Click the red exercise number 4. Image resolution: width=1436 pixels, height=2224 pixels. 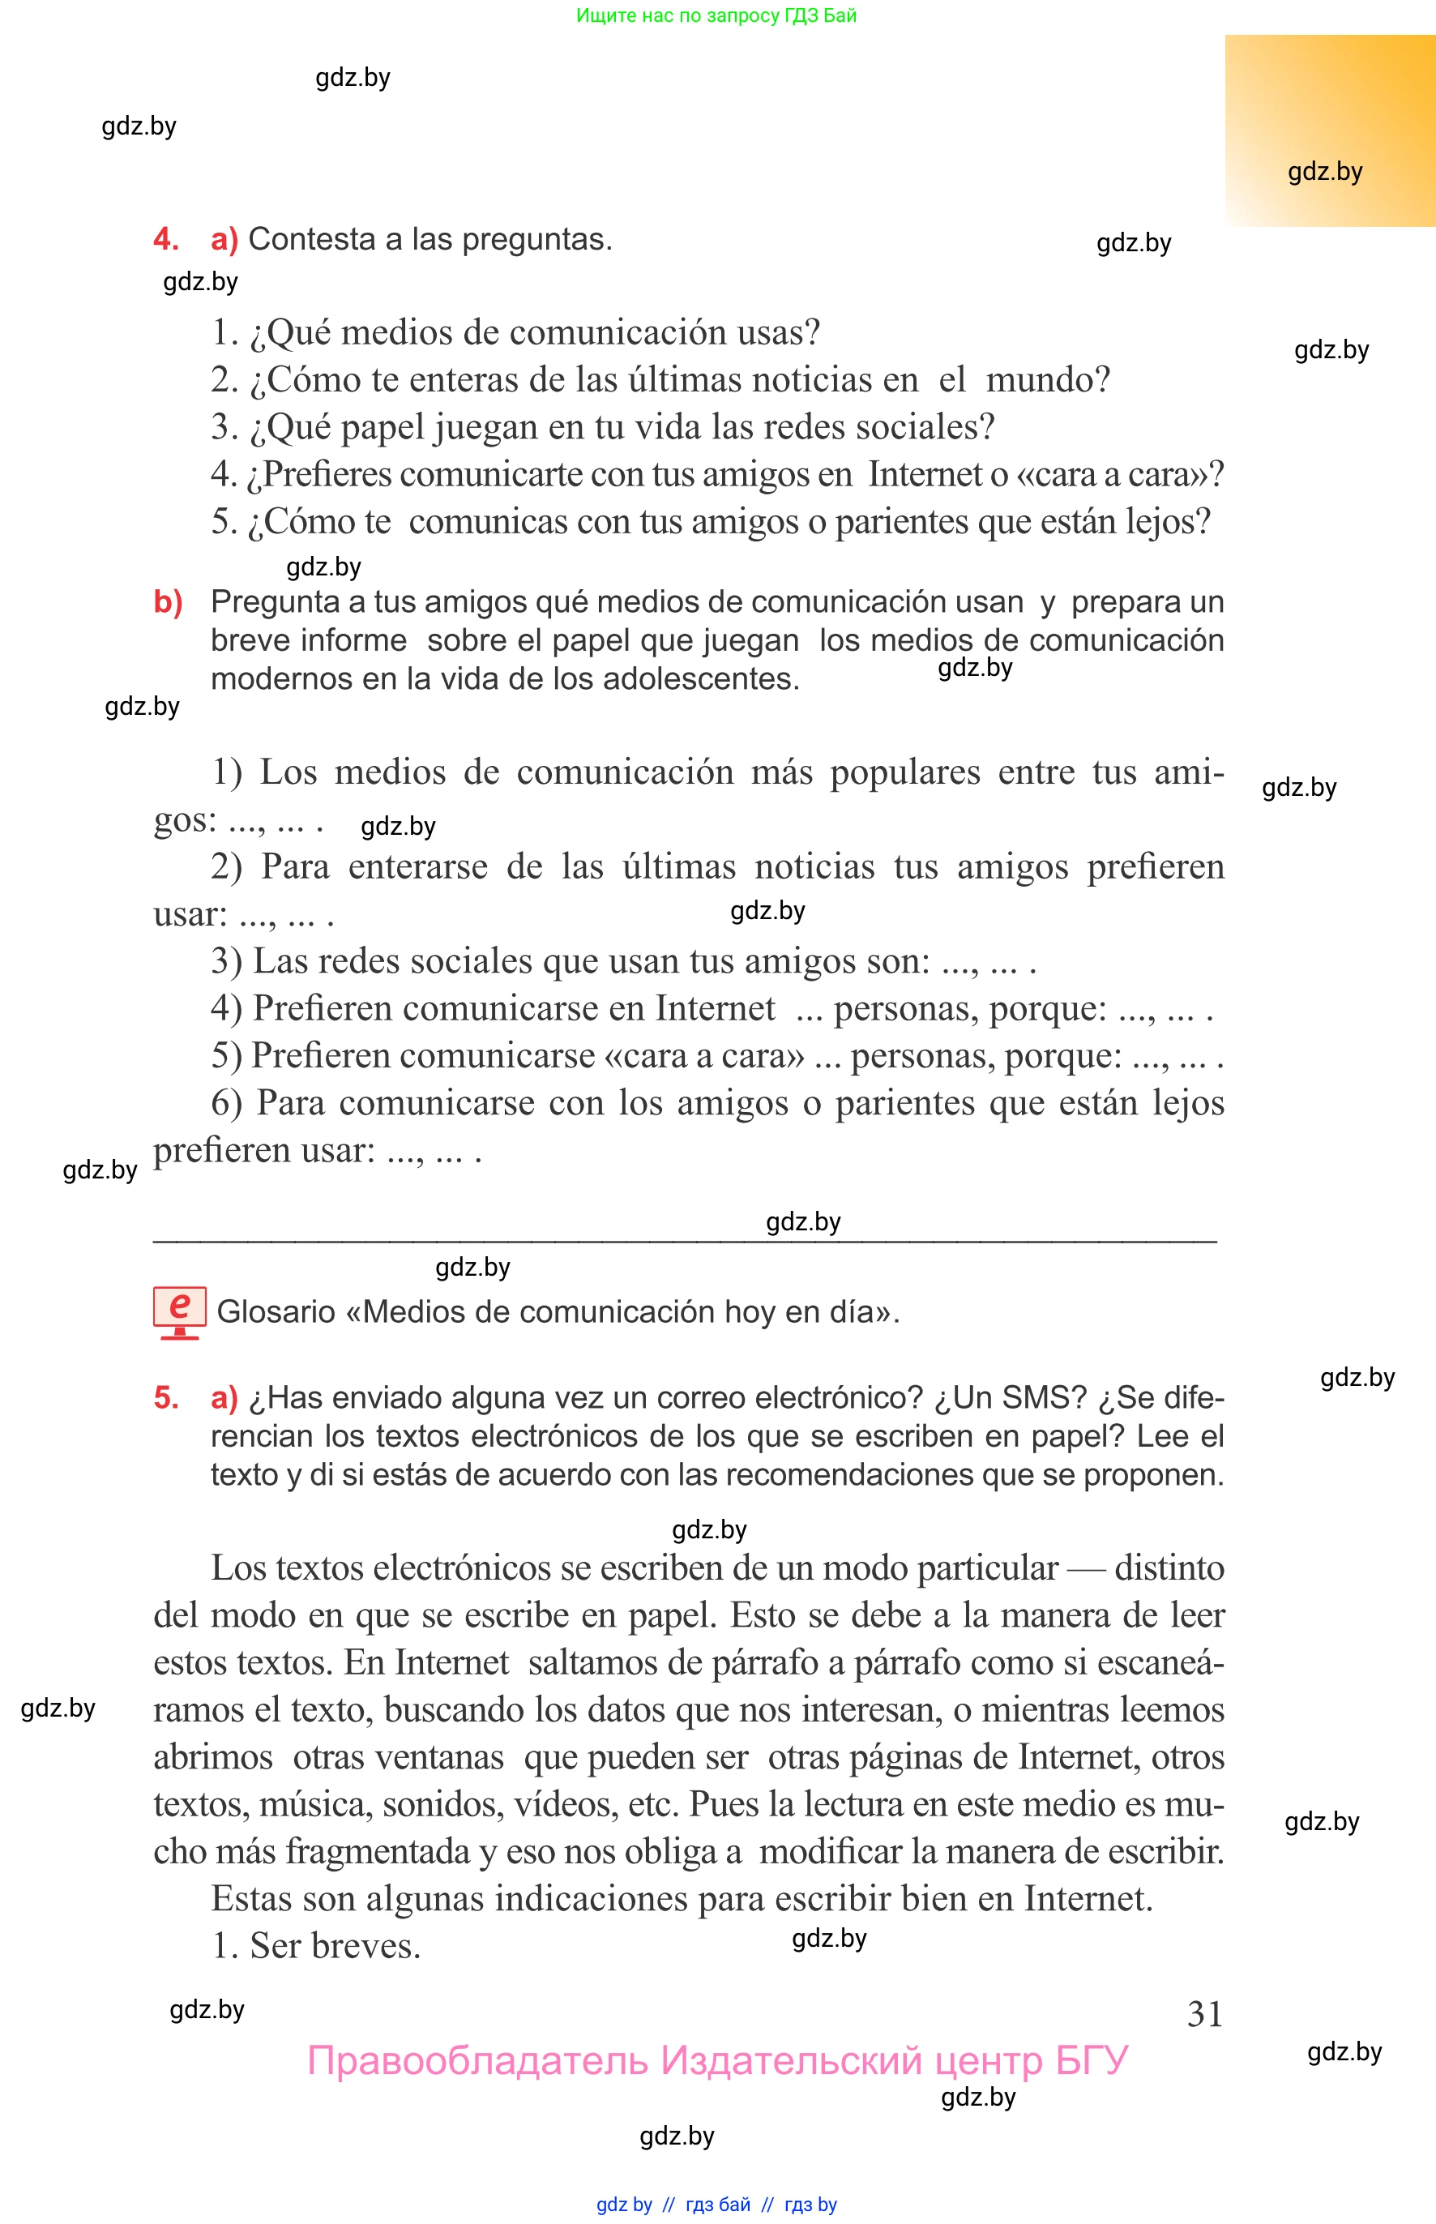[165, 240]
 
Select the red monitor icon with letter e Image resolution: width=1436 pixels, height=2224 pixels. [179, 1311]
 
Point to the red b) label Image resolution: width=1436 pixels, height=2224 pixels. [168, 602]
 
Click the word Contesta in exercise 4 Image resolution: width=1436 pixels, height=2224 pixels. [310, 240]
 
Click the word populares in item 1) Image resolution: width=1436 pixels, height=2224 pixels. [904, 772]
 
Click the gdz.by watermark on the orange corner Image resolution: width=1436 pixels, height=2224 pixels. [1324, 172]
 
